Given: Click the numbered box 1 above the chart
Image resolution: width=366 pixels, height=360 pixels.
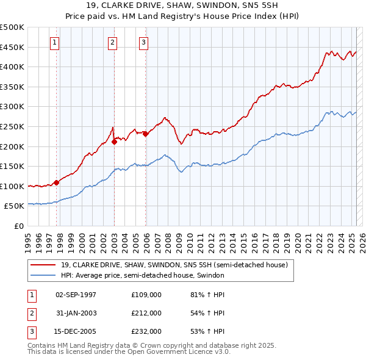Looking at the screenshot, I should (55, 42).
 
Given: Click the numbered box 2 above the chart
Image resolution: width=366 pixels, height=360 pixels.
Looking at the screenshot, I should (113, 42).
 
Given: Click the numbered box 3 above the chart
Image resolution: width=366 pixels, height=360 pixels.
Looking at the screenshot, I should (143, 42).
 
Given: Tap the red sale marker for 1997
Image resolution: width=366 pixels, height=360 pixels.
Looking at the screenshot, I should (56, 182).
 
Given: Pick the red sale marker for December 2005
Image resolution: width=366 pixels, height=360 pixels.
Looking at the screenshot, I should (145, 134).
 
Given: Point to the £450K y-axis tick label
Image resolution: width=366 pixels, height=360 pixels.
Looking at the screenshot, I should (12, 47).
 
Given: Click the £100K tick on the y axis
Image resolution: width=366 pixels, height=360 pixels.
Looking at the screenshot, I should (12, 186).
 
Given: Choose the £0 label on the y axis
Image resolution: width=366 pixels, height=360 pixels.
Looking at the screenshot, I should (18, 226).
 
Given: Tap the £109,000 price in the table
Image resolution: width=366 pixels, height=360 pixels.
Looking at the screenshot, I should (146, 295).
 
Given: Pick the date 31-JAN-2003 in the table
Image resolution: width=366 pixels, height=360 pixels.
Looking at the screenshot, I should (76, 313).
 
